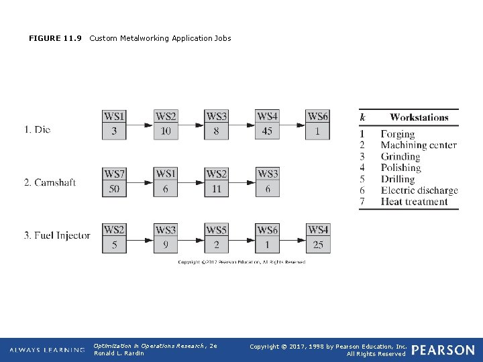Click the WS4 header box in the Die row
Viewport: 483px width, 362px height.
tap(267, 117)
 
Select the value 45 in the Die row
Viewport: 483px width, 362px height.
tap(267, 131)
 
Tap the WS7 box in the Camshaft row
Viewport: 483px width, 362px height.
tap(114, 174)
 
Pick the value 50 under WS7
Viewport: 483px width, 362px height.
tap(114, 189)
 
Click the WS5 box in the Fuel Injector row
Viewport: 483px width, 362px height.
tap(216, 230)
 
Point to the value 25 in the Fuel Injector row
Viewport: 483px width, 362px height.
tap(318, 245)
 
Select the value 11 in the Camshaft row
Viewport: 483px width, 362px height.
tap(216, 189)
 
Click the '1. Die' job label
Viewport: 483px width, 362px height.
tap(38, 129)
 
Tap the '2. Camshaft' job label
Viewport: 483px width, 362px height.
tap(50, 182)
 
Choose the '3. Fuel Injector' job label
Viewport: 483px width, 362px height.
tap(57, 235)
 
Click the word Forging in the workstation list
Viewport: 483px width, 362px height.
tap(398, 134)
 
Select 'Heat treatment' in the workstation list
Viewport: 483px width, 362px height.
tap(414, 202)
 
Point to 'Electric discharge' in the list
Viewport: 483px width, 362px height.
tap(419, 190)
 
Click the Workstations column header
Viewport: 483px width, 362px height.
tap(419, 117)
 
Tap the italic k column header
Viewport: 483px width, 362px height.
tap(363, 117)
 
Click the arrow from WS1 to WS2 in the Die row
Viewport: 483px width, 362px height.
tap(140, 125)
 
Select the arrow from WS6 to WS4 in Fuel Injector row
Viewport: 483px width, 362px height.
tap(293, 238)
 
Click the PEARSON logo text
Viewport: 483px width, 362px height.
tap(443, 350)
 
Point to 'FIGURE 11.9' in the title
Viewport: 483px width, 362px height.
tap(55, 38)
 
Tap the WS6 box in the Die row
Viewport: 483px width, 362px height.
tap(318, 117)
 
